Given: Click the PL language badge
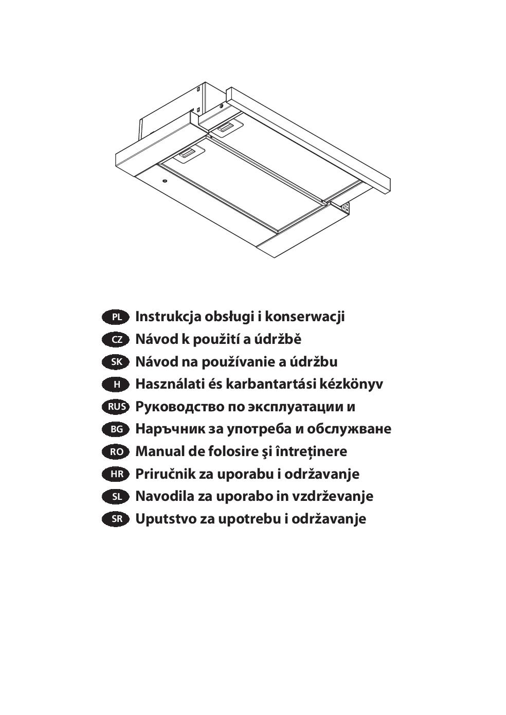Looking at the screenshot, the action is pos(115,317).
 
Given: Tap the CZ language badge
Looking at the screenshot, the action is pos(115,340).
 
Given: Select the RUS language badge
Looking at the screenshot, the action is pos(115,407).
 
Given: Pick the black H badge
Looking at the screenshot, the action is pos(115,385).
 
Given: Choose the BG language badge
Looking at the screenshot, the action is pos(115,430).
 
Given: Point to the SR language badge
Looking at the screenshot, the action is pos(115,519).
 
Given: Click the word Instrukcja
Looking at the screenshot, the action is pos(168,317).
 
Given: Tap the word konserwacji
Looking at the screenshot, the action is pos(305,317).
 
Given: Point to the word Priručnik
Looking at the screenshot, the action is pos(165,474).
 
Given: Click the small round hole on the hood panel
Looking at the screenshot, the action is pos(165,182).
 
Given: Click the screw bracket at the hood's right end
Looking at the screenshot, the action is pos(345,207).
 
